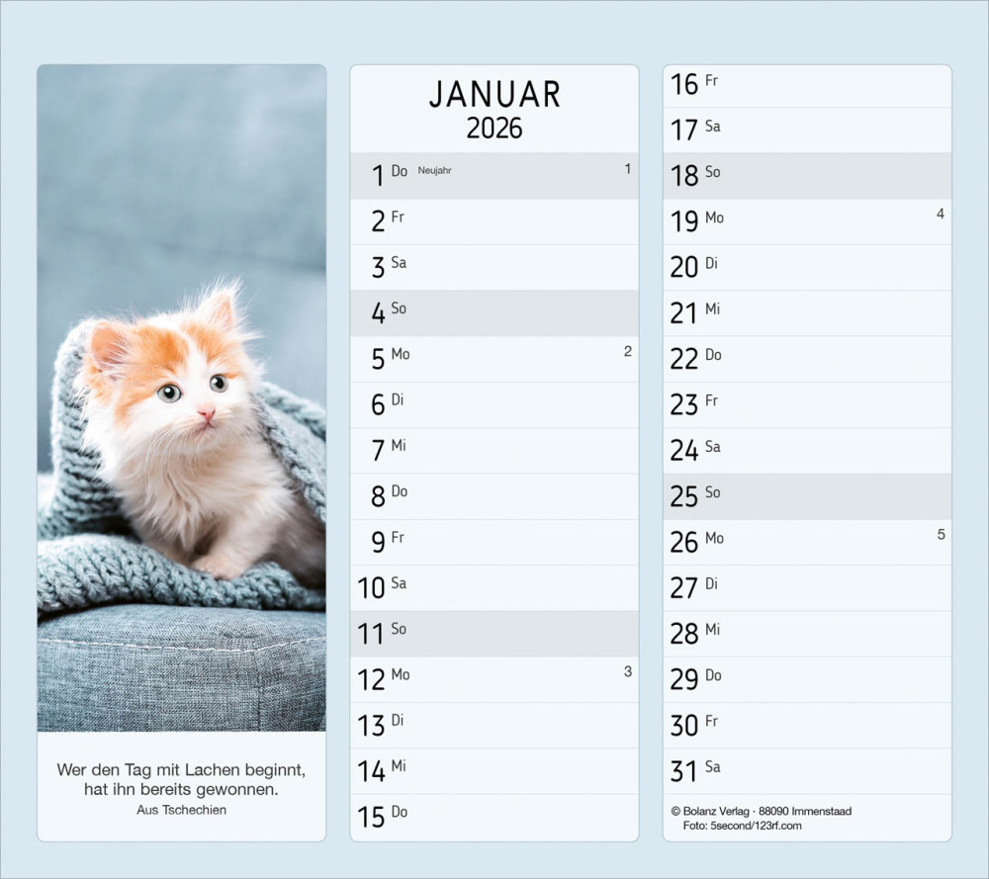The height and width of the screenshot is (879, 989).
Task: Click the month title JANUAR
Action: [x=494, y=95]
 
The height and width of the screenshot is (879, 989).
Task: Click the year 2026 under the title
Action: [x=494, y=129]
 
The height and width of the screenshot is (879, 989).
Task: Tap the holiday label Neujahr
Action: [x=434, y=171]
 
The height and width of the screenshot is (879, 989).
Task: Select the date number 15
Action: [x=371, y=818]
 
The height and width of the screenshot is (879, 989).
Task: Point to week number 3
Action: [x=627, y=672]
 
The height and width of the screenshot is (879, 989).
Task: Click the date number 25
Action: [x=683, y=497]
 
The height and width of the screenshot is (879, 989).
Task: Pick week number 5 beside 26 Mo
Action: [x=941, y=535]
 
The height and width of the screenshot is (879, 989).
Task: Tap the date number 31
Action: [x=683, y=772]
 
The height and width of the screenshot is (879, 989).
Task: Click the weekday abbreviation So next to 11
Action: [x=399, y=629]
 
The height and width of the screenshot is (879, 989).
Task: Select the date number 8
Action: [x=378, y=497]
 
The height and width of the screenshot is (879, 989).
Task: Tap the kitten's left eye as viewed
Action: [x=170, y=393]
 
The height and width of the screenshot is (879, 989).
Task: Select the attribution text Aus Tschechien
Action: [x=182, y=810]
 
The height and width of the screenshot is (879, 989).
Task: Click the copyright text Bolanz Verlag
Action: [x=717, y=812]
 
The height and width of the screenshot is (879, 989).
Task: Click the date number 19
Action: [x=683, y=221]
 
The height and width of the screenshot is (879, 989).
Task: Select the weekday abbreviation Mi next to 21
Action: [x=712, y=309]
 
